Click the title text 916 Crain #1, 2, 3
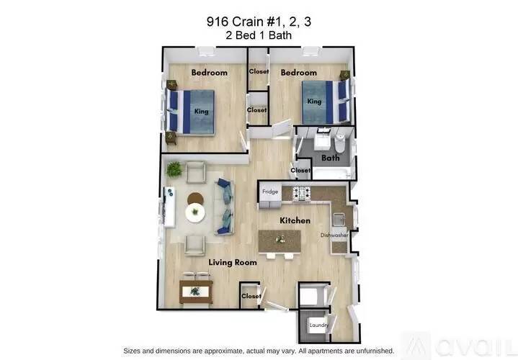[259, 22]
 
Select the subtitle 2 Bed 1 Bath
[259, 35]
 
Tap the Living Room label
[233, 263]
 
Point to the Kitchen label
[295, 220]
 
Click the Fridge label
[269, 192]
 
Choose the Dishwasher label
[334, 235]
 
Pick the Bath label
[331, 158]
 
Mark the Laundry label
[320, 325]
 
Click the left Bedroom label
[209, 73]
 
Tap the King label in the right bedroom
[314, 102]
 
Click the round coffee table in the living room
[195, 212]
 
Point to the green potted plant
[174, 169]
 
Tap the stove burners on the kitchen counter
[301, 192]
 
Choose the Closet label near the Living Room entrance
[251, 296]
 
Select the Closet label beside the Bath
[300, 171]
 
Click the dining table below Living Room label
[195, 291]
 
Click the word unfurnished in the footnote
[374, 350]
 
